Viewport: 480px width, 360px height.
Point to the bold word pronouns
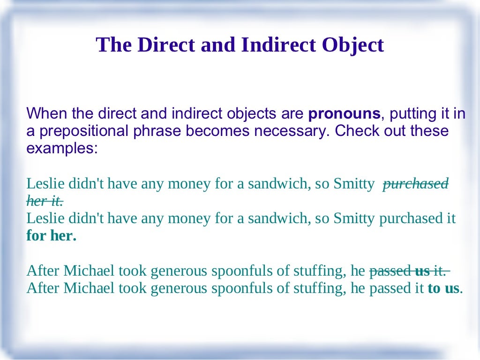345,113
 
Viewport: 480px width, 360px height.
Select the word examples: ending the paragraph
62,148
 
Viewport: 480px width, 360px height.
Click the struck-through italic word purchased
416,183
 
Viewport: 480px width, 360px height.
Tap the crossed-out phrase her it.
45,201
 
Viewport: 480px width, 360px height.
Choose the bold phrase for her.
51,236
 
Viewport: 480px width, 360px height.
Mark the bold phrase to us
444,288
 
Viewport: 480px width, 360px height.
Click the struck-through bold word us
422,270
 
